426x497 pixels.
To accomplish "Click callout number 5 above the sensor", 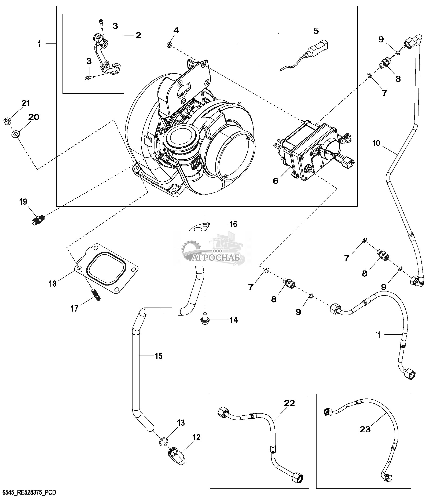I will click(316, 31).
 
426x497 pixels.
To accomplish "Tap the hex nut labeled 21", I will click(7, 121).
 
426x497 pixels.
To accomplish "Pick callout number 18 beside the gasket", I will click(53, 283).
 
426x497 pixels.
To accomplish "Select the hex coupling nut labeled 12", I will click(176, 456).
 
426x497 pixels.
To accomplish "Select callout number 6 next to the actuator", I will click(276, 181).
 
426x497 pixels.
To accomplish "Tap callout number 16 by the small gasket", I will click(233, 224).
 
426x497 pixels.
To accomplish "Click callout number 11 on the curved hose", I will click(378, 335).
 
